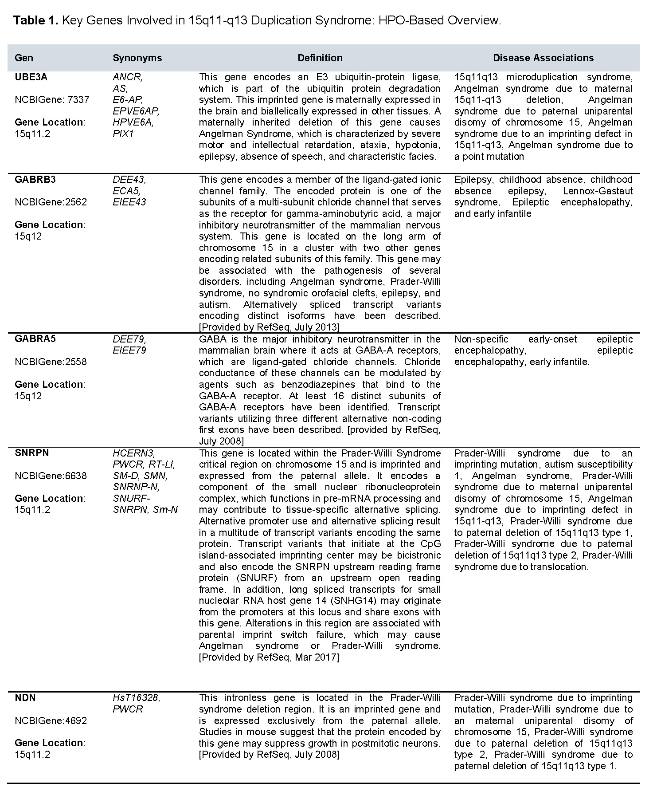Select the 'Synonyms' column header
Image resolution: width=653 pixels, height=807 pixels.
tap(137, 58)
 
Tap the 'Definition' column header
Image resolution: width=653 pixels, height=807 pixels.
tap(320, 58)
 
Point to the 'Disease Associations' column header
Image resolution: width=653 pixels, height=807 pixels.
tap(543, 58)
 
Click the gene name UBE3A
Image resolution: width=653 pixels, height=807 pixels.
tap(31, 77)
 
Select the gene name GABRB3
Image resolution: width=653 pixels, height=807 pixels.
tap(35, 180)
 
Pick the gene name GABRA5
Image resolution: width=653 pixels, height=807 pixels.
tap(35, 339)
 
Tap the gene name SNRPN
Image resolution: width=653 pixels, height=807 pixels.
tap(32, 453)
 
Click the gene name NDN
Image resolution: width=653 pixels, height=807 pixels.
tap(25, 698)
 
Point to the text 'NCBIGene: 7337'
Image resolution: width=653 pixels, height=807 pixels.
tap(52, 100)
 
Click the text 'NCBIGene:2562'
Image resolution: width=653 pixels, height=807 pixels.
tap(51, 202)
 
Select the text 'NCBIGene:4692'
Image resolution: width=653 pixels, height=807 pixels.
tap(51, 720)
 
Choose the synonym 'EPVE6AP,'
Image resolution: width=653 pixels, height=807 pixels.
tap(136, 111)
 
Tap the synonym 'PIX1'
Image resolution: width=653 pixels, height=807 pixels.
tap(123, 134)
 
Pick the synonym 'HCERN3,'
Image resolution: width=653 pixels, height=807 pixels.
tap(134, 453)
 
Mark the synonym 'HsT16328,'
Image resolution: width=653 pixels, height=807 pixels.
tap(137, 698)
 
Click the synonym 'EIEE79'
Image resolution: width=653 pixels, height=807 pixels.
tap(129, 350)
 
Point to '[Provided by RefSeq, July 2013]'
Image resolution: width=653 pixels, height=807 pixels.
tap(269, 327)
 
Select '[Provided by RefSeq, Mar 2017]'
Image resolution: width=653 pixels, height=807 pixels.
tap(269, 657)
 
